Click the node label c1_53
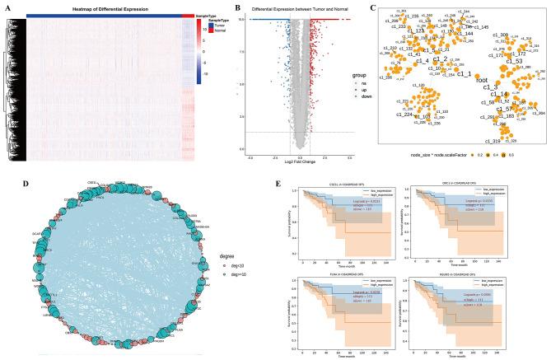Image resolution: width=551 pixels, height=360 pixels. pyautogui.click(x=515, y=61)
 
